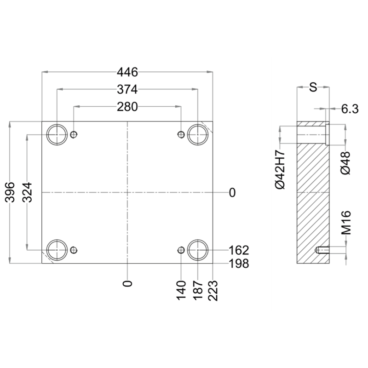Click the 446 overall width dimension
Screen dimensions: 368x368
pos(127,72)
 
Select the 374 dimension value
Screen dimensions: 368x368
pos(127,89)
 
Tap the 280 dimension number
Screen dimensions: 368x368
pos(127,107)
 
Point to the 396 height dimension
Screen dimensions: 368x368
pos(10,192)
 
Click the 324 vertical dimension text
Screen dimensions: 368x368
pos(27,192)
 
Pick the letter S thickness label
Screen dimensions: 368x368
pos(313,87)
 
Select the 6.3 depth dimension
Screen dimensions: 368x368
pos(350,109)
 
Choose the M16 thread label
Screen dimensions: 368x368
pos(346,223)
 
